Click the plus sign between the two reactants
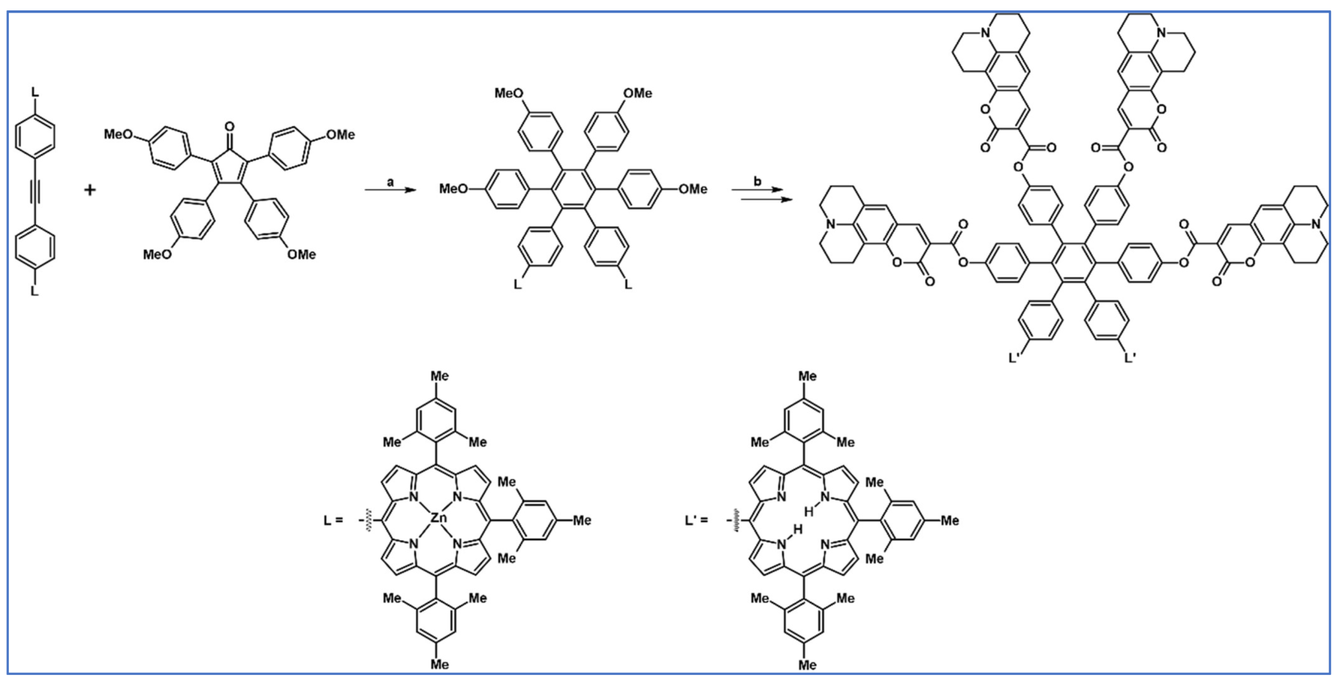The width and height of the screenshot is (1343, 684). pyautogui.click(x=90, y=190)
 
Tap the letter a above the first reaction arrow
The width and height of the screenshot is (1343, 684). pyautogui.click(x=390, y=182)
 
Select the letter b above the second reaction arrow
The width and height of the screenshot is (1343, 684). pyautogui.click(x=757, y=182)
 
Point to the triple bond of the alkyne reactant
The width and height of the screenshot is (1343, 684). pyautogui.click(x=35, y=191)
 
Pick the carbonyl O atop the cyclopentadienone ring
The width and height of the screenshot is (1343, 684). pyautogui.click(x=230, y=127)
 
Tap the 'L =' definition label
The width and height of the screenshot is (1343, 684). pyautogui.click(x=333, y=520)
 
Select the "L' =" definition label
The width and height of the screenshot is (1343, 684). pyautogui.click(x=696, y=520)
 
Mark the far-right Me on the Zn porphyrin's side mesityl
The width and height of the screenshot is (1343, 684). pyautogui.click(x=581, y=520)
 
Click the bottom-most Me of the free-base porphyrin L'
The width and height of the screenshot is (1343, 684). pyautogui.click(x=807, y=665)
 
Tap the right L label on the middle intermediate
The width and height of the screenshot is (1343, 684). pyautogui.click(x=628, y=284)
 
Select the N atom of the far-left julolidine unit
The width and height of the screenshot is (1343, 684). pyautogui.click(x=831, y=225)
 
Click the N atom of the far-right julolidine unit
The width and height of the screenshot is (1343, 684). pyautogui.click(x=1316, y=225)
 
